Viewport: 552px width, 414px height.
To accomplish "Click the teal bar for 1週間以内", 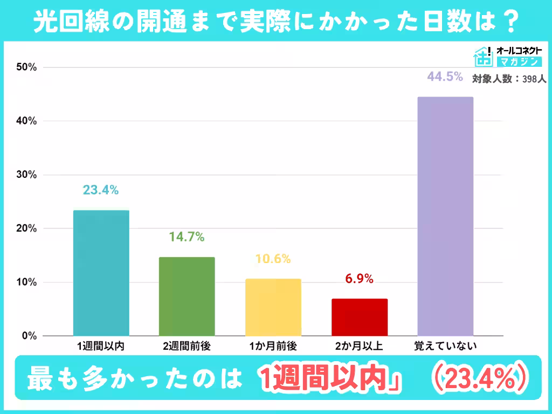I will coord(101,273).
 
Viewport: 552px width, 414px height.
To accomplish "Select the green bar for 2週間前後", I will coord(187,296).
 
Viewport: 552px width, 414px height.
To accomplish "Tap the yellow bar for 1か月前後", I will coord(273,307).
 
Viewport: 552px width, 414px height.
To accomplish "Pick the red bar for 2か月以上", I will coord(360,317).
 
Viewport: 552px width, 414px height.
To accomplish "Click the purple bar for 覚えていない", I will coord(446,216).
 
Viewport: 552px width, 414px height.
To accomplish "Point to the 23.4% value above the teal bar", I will coord(101,190).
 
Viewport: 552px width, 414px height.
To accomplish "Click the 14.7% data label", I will coord(187,237).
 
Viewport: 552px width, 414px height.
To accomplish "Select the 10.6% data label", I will coord(273,259).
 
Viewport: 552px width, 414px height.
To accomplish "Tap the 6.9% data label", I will coord(360,279).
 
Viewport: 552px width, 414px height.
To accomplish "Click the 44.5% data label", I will coord(445,77).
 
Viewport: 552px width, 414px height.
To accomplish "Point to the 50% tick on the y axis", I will coord(26,67).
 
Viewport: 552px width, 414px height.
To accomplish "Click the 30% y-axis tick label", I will coord(26,175).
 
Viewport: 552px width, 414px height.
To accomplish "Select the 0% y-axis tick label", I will coord(29,336).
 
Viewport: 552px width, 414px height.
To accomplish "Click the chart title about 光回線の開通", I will coord(276,22).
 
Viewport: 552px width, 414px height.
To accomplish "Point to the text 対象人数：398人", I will coord(509,79).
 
